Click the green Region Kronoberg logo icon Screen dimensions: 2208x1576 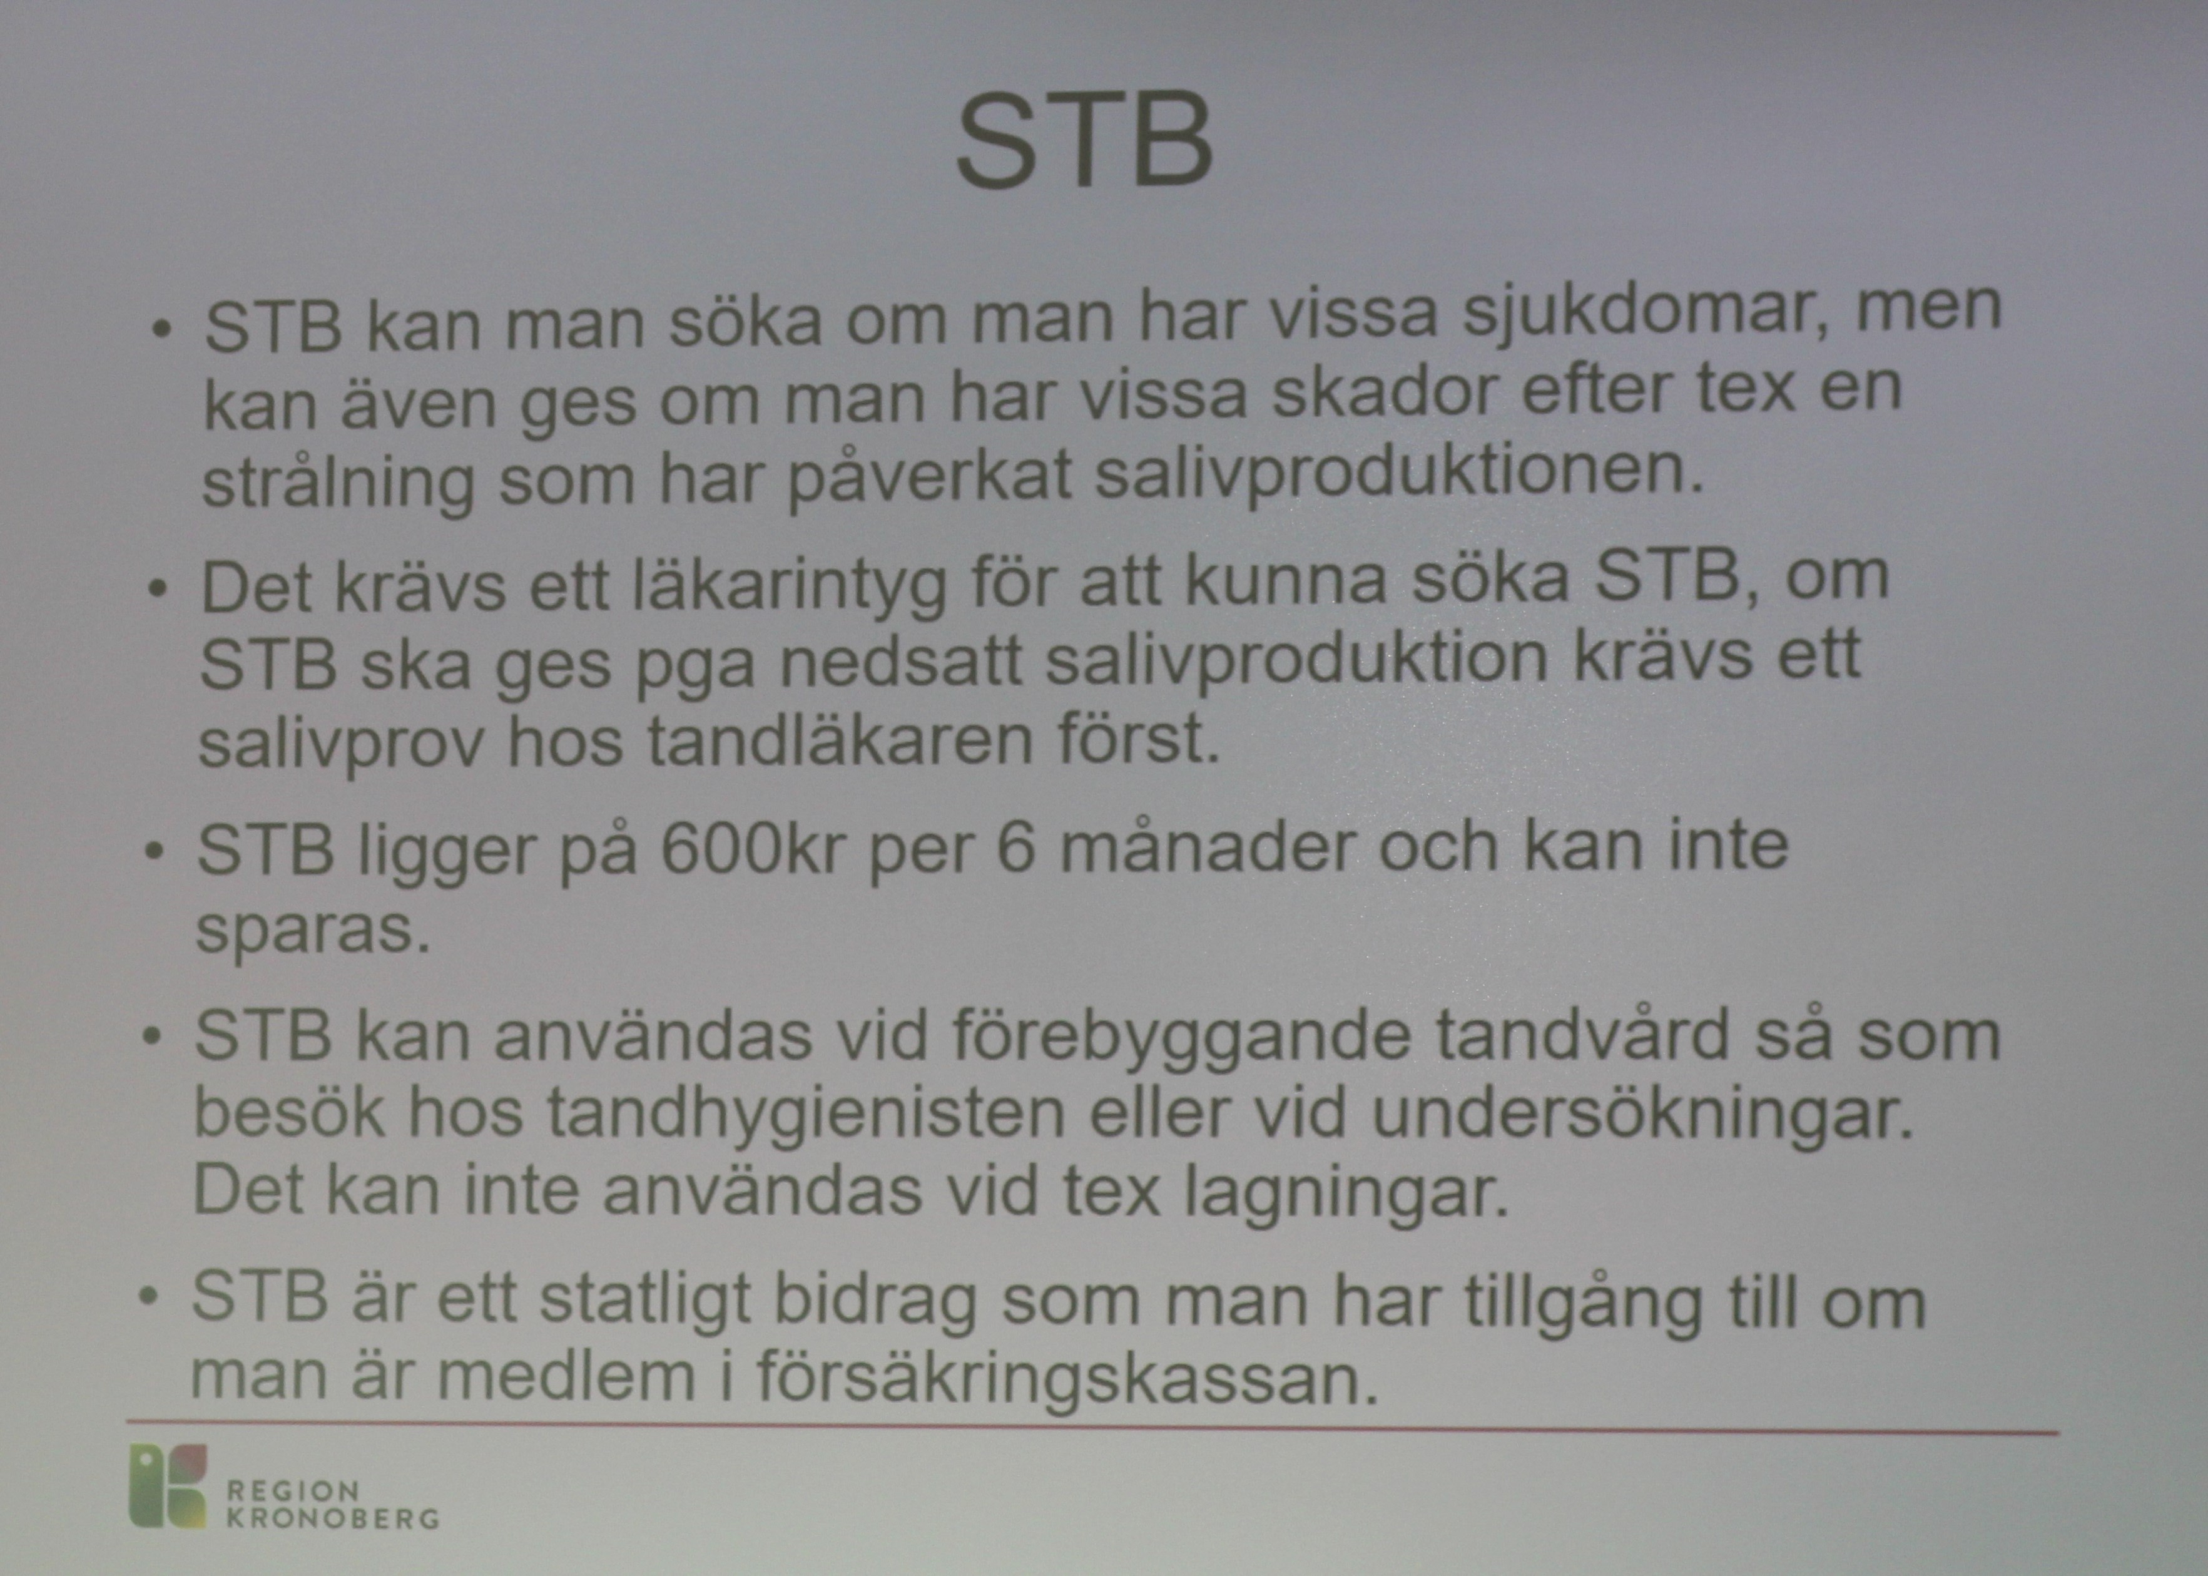[168, 1486]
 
